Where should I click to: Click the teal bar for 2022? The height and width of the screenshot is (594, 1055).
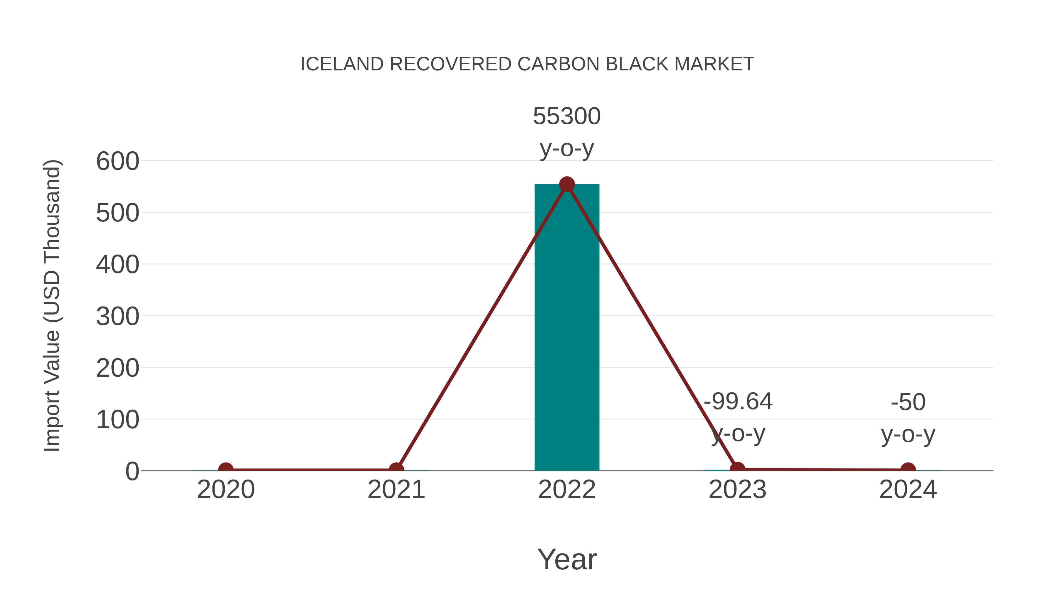point(567,328)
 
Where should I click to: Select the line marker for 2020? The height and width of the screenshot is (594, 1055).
point(226,470)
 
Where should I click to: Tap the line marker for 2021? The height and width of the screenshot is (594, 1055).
point(396,470)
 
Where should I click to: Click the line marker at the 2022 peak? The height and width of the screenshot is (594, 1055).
point(567,185)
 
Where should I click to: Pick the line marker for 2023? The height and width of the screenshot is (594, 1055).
point(737,469)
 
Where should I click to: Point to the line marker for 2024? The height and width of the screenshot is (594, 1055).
point(908,470)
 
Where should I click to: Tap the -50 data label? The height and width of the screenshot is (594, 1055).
point(908,402)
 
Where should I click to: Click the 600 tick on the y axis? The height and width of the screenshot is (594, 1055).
point(118,161)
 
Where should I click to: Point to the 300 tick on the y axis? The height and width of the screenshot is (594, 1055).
point(118,317)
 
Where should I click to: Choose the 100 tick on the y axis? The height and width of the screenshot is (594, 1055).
point(118,420)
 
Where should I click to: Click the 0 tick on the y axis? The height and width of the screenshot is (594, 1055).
point(132,471)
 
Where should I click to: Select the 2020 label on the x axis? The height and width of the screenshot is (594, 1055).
point(226,490)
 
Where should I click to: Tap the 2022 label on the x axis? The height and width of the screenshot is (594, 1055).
point(567,490)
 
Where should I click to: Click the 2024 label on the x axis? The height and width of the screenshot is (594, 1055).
point(908,490)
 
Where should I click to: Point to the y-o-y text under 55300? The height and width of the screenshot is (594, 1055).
point(567,148)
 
